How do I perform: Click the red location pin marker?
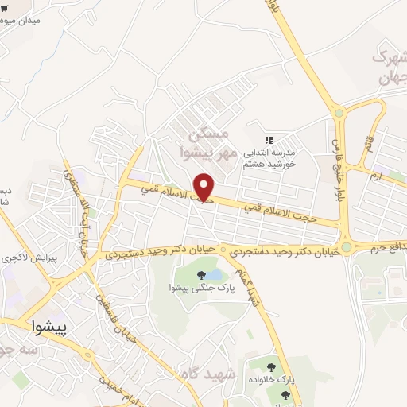point(205,188)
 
